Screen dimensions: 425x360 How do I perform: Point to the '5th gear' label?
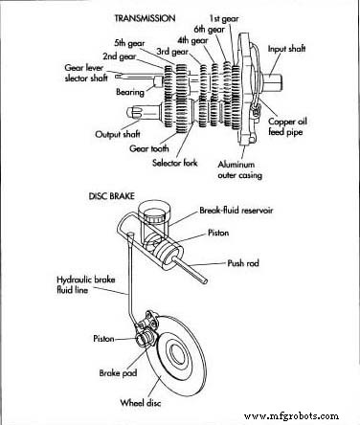tap(130, 44)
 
